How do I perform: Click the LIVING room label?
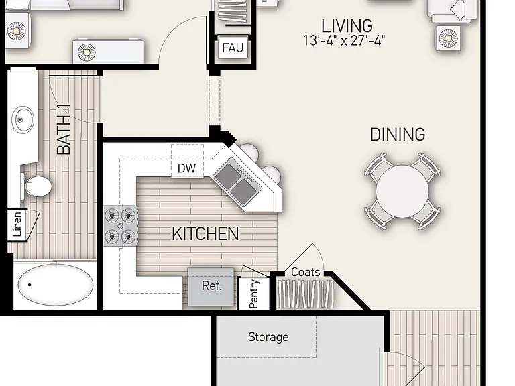(x=347, y=26)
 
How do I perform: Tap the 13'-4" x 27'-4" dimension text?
(x=344, y=41)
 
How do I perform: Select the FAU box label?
(x=233, y=48)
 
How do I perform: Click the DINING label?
(x=398, y=135)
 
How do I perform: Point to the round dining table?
(x=402, y=191)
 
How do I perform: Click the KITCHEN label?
(x=205, y=234)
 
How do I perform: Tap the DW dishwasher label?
(x=186, y=168)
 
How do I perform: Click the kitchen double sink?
(x=237, y=182)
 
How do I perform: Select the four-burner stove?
(x=120, y=226)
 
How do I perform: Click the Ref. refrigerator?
(x=211, y=287)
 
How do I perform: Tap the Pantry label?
(x=254, y=294)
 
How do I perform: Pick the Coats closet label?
(x=306, y=272)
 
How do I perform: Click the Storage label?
(x=268, y=337)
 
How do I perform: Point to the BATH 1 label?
(x=64, y=129)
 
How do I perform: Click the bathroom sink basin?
(x=23, y=119)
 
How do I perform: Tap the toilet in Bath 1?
(x=36, y=186)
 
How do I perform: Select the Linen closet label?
(x=17, y=224)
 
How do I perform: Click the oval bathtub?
(x=56, y=285)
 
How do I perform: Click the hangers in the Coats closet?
(x=306, y=294)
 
